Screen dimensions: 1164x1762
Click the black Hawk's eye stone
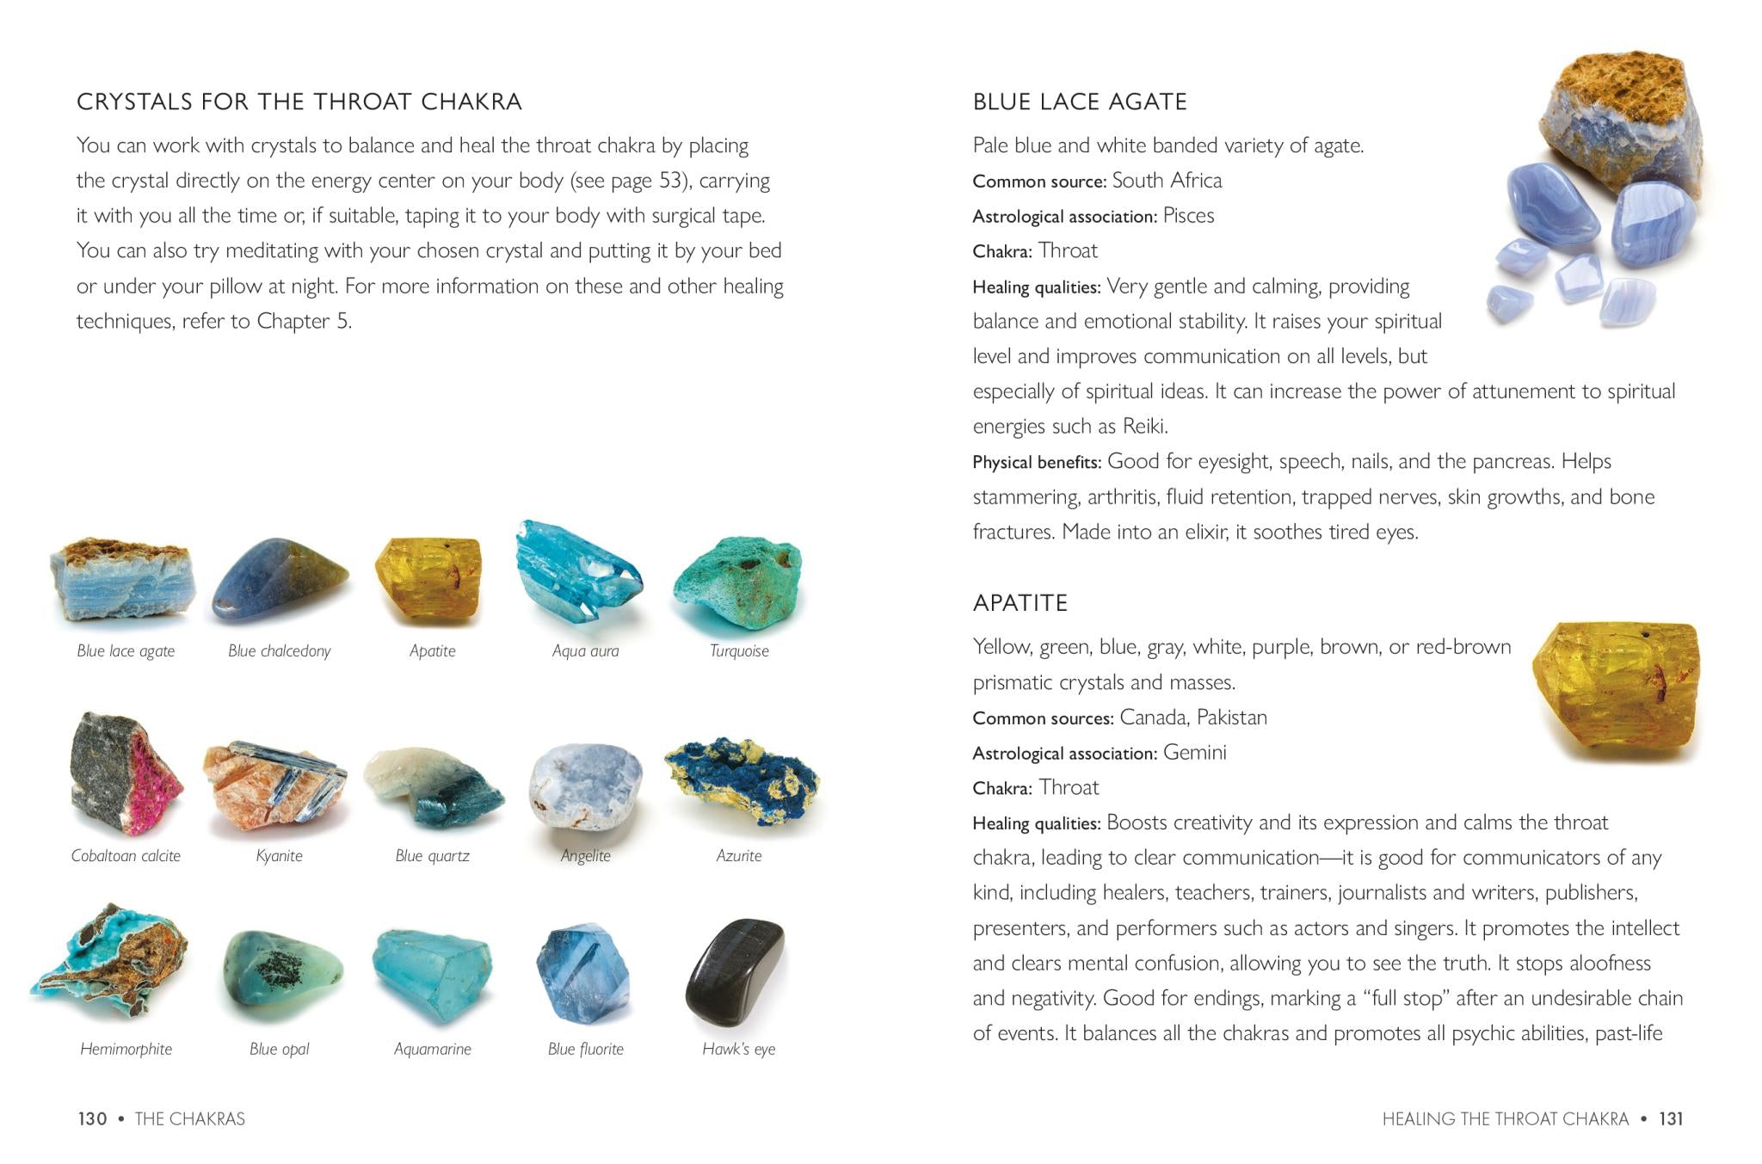(736, 972)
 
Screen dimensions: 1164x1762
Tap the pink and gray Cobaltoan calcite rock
(126, 774)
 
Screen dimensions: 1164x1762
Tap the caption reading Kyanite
(280, 856)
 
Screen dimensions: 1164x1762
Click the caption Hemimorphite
(126, 1049)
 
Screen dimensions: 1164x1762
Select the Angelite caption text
(585, 856)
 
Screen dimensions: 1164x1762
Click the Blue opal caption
(280, 1049)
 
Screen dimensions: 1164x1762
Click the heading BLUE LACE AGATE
(1080, 102)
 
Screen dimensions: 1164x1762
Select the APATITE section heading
(1020, 603)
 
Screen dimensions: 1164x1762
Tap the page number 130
(92, 1118)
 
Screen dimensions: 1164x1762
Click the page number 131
(1671, 1118)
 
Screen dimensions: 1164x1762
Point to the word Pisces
(1188, 216)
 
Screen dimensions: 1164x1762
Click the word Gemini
(1194, 753)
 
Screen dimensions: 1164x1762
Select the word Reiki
(1144, 427)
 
